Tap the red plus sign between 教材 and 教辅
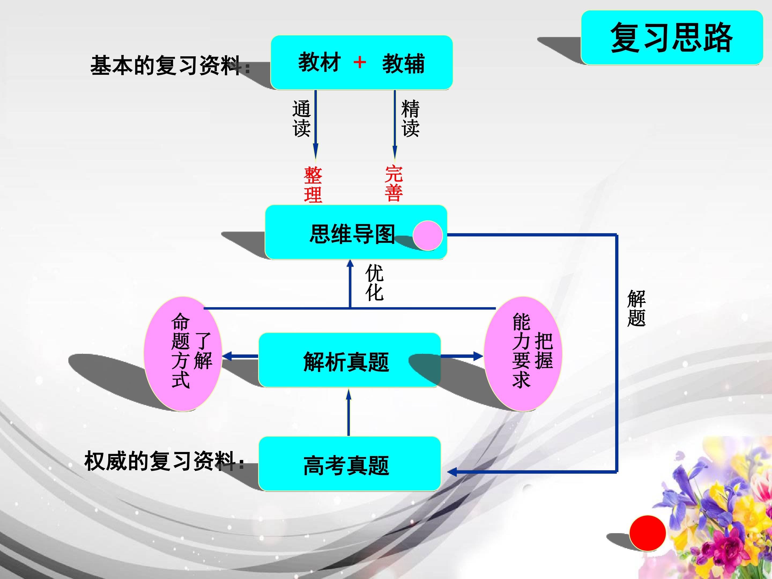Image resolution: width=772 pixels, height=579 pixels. (x=359, y=63)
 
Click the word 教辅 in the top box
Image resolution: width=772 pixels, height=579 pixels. (x=403, y=64)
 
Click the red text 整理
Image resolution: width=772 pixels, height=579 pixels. (x=313, y=185)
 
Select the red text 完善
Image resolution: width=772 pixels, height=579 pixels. (x=394, y=184)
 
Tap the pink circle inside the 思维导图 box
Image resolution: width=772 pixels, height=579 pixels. (x=428, y=236)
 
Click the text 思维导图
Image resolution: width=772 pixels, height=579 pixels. (x=352, y=234)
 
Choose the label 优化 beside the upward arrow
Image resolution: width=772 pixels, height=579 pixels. (x=374, y=283)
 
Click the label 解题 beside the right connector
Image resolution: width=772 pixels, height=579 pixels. (x=636, y=308)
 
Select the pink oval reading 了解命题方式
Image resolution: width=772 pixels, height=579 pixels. (x=183, y=354)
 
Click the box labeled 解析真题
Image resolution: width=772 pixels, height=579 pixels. (x=349, y=360)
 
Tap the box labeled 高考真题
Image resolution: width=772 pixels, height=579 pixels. (x=349, y=464)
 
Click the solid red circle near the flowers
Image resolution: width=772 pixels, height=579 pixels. (x=647, y=533)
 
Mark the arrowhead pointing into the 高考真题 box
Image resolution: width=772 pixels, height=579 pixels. (x=452, y=472)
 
